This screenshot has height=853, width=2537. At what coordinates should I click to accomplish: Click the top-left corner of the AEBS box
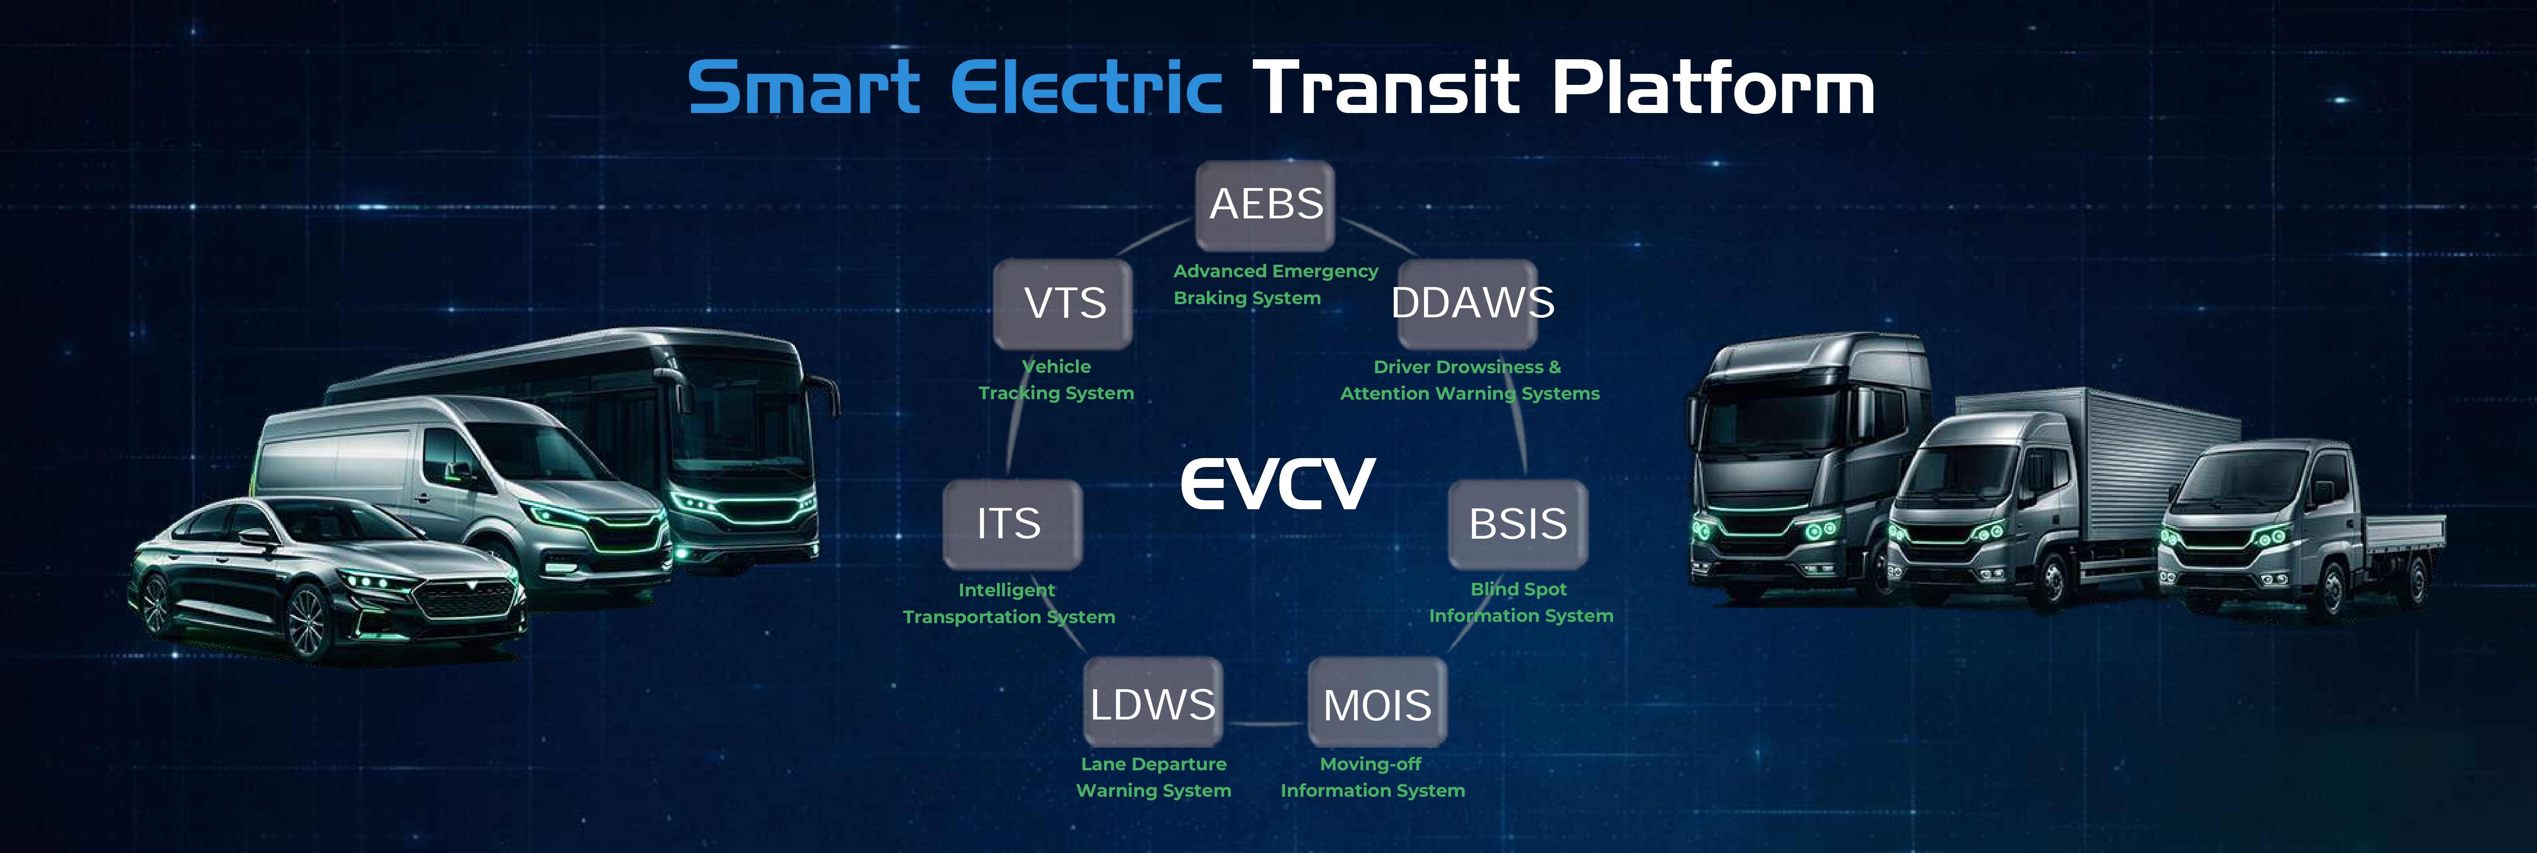click(x=1197, y=163)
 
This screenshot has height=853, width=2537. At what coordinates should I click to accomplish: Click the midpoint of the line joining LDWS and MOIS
click(x=1266, y=724)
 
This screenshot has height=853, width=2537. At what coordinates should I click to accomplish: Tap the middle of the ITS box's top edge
click(x=1012, y=482)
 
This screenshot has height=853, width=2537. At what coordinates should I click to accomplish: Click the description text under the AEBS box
click(x=1276, y=284)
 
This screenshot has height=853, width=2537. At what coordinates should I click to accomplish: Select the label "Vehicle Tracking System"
click(x=1056, y=379)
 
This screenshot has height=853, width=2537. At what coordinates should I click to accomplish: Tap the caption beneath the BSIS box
click(x=1521, y=602)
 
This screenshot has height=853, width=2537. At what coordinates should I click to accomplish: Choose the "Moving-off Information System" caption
click(x=1372, y=777)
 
